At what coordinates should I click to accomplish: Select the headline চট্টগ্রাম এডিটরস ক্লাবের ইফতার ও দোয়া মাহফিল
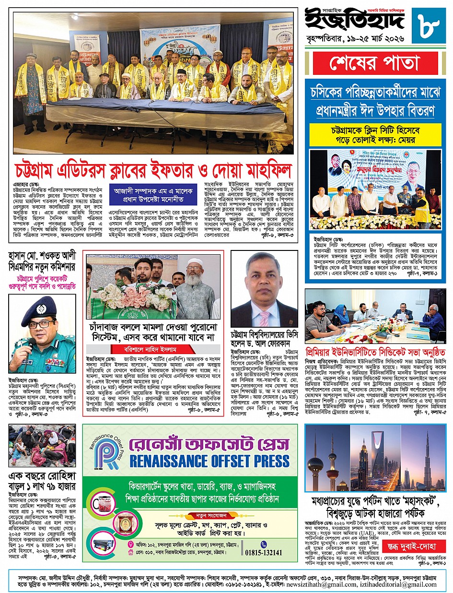coord(153,169)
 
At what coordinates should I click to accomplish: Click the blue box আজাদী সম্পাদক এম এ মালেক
coord(153,194)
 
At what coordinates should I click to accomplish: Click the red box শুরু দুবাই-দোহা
coord(420,546)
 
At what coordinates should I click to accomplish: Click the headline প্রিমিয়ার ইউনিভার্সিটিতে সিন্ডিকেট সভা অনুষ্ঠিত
coord(375,352)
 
